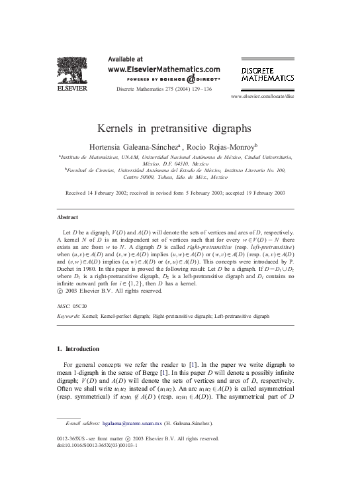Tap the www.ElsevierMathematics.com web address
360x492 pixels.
[x=163, y=68]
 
